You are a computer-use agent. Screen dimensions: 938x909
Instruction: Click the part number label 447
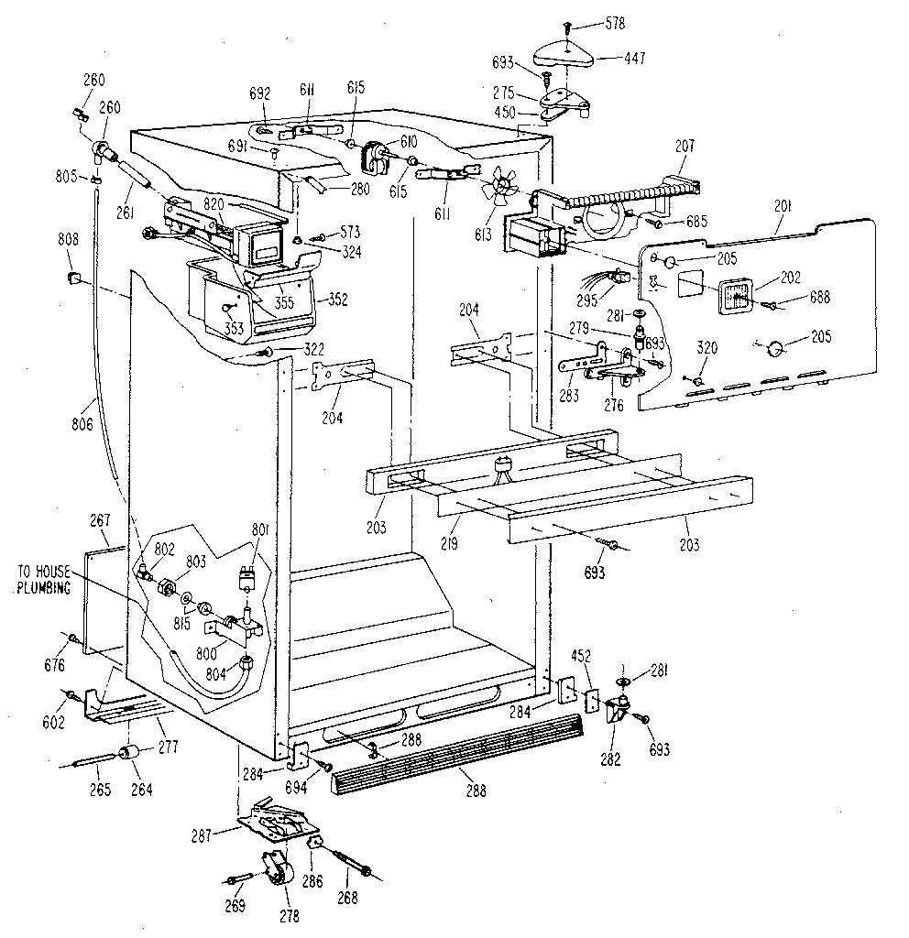635,58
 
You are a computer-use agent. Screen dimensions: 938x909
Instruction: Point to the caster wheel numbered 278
276,870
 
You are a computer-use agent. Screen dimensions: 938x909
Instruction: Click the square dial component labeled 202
736,296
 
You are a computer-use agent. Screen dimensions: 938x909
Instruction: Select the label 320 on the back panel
706,348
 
